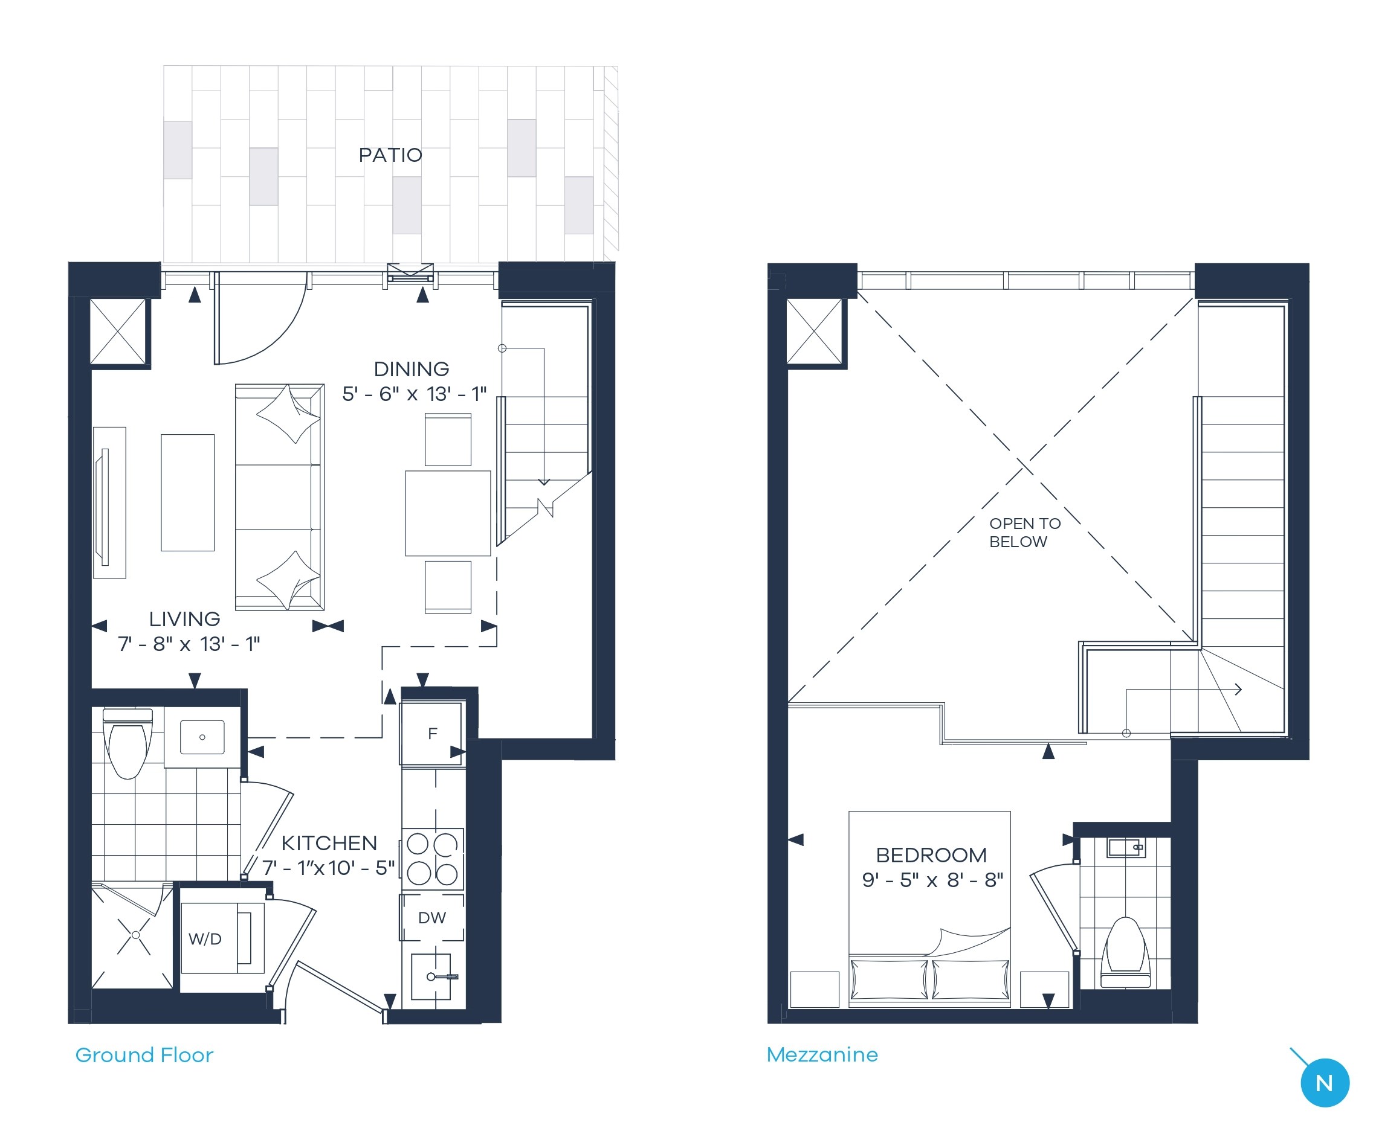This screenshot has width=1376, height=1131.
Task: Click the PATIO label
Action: [390, 155]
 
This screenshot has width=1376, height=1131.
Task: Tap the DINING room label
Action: [412, 369]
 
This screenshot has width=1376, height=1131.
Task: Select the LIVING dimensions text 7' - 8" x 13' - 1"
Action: [189, 644]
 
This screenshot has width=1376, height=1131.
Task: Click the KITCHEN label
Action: [329, 842]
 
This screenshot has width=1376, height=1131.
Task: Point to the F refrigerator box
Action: [431, 734]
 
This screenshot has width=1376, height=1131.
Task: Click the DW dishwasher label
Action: [431, 917]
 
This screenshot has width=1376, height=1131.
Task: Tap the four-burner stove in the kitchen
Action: [432, 859]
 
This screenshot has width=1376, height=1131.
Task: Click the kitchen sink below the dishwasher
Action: [431, 976]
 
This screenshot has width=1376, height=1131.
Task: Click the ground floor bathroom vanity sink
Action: [202, 737]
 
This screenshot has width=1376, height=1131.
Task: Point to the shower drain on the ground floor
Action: [135, 935]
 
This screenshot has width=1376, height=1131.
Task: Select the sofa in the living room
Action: [279, 496]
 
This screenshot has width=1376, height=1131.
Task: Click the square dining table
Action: [448, 513]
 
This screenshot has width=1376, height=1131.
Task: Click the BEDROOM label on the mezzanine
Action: [931, 855]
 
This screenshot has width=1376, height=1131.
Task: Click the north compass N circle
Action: [1324, 1083]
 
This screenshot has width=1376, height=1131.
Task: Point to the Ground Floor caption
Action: [144, 1055]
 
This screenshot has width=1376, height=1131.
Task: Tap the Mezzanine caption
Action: [822, 1054]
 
